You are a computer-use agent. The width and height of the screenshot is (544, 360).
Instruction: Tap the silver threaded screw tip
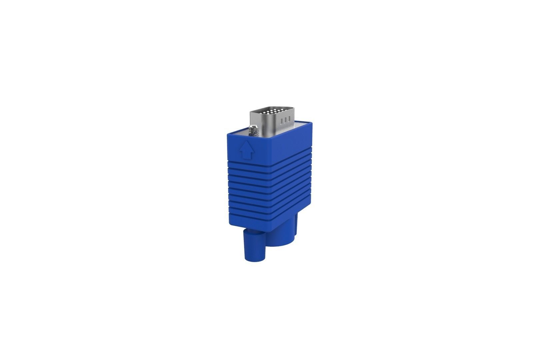click(x=254, y=130)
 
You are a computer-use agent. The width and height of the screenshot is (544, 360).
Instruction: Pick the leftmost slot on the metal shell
click(x=282, y=120)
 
